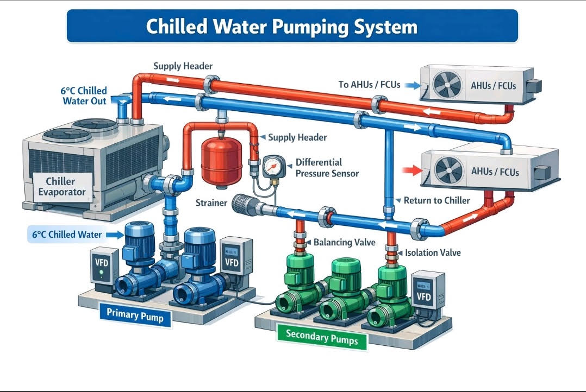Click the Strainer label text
point(210,203)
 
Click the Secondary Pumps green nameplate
point(321,337)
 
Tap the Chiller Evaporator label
point(65,186)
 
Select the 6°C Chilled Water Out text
point(84,96)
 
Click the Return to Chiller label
point(437,200)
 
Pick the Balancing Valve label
point(344,242)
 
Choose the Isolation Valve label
point(433,252)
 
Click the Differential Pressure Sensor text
point(326,168)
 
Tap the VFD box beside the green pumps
point(427,291)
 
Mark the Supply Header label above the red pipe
point(183,66)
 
